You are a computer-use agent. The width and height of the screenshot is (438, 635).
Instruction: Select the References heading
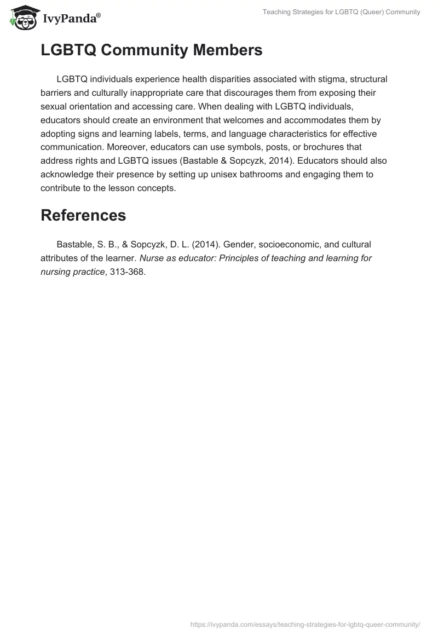point(83,215)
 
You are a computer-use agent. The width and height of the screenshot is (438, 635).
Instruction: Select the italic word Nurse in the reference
point(151,258)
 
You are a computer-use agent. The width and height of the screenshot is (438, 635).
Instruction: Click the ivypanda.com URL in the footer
point(305,624)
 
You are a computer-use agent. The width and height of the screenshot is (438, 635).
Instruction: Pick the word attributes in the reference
point(60,258)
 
